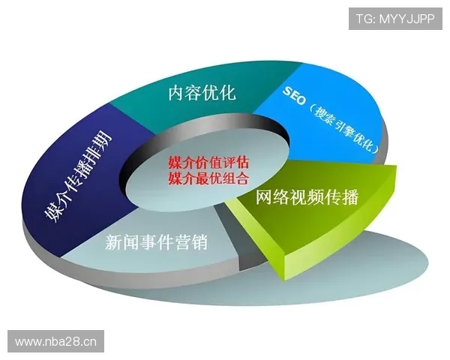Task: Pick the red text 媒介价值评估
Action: pos(208,162)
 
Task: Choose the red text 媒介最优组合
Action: pos(208,178)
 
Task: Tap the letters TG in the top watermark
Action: pos(364,18)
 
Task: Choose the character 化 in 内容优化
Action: pos(228,94)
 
